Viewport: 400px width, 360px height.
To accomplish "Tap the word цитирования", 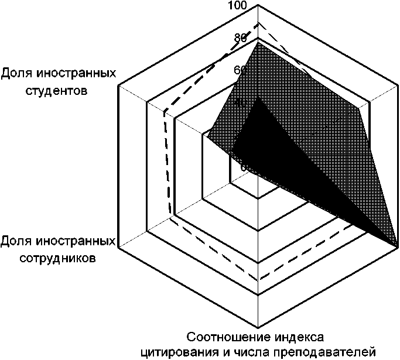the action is tap(173, 352).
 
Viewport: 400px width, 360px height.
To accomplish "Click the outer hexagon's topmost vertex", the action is tap(258, 7).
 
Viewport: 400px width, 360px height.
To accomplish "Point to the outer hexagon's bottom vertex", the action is tap(258, 328).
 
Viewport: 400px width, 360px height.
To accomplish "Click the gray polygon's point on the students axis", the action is tap(206, 137).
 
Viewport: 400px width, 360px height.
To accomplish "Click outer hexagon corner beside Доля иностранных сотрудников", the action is tap(119, 248).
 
